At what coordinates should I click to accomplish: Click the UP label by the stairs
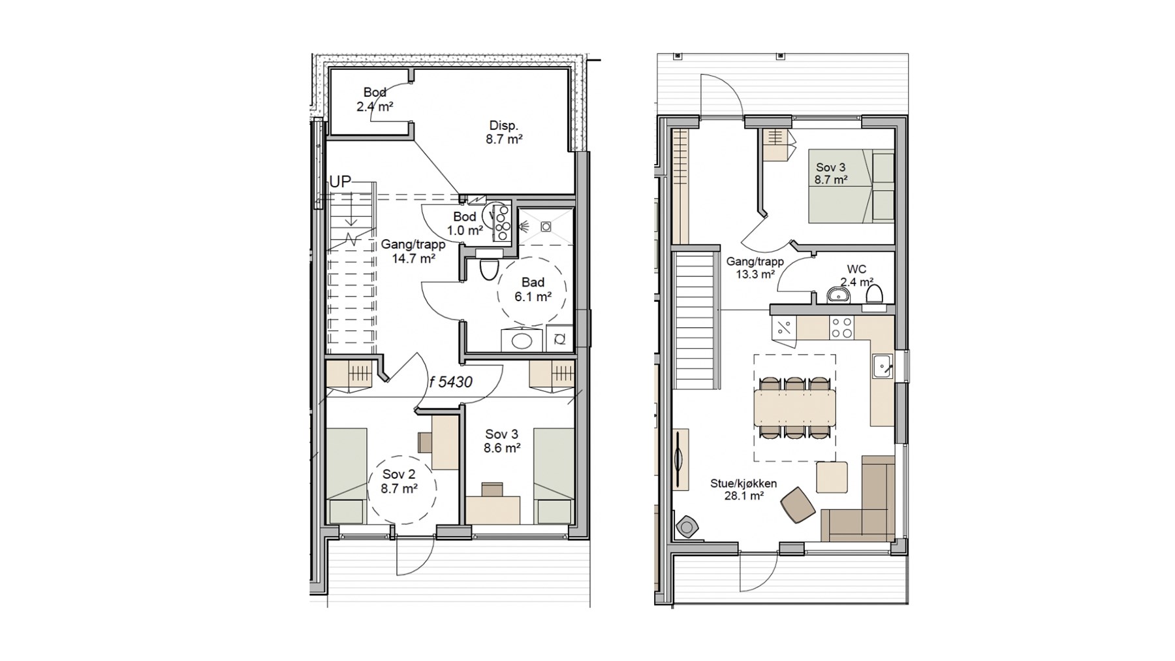(x=340, y=182)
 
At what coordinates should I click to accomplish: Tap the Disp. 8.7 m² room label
(x=504, y=132)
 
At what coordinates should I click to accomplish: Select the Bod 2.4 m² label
(x=375, y=99)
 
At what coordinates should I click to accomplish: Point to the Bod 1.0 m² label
(x=465, y=223)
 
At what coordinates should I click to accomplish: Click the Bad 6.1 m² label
(x=533, y=289)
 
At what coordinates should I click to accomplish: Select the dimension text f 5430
(x=450, y=382)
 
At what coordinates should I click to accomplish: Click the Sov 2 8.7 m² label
(x=399, y=481)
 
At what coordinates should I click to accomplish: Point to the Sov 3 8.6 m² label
(x=502, y=441)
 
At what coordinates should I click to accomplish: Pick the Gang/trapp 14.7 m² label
(x=413, y=251)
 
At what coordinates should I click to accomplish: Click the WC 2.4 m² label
(x=856, y=276)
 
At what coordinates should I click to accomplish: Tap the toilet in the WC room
(x=874, y=295)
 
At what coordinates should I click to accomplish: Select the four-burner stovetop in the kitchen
(x=841, y=328)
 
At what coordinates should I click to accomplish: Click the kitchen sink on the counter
(x=883, y=366)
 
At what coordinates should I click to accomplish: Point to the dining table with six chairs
(x=794, y=407)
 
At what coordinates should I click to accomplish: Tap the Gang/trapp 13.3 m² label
(x=755, y=268)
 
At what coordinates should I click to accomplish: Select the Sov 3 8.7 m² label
(x=831, y=174)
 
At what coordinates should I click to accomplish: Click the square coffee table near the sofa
(x=832, y=477)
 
